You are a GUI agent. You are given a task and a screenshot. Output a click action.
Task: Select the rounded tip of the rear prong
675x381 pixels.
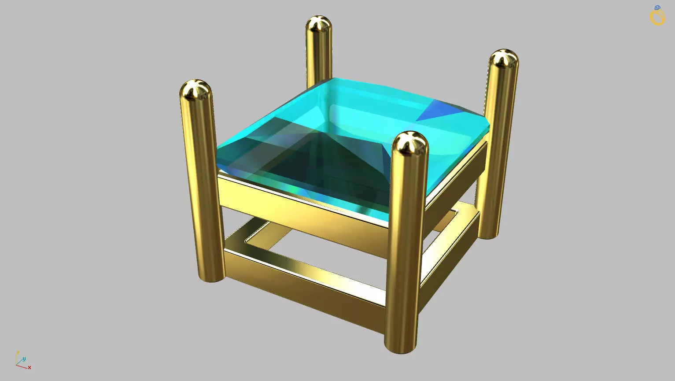[319, 25]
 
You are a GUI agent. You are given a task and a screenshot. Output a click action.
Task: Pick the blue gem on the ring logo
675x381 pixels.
[657, 8]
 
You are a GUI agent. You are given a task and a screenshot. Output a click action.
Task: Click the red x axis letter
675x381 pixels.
[30, 367]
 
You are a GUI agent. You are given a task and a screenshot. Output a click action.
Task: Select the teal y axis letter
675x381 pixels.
[24, 359]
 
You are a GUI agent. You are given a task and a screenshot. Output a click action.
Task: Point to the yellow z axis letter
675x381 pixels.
[18, 352]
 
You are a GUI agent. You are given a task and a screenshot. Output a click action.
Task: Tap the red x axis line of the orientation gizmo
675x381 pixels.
[22, 366]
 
